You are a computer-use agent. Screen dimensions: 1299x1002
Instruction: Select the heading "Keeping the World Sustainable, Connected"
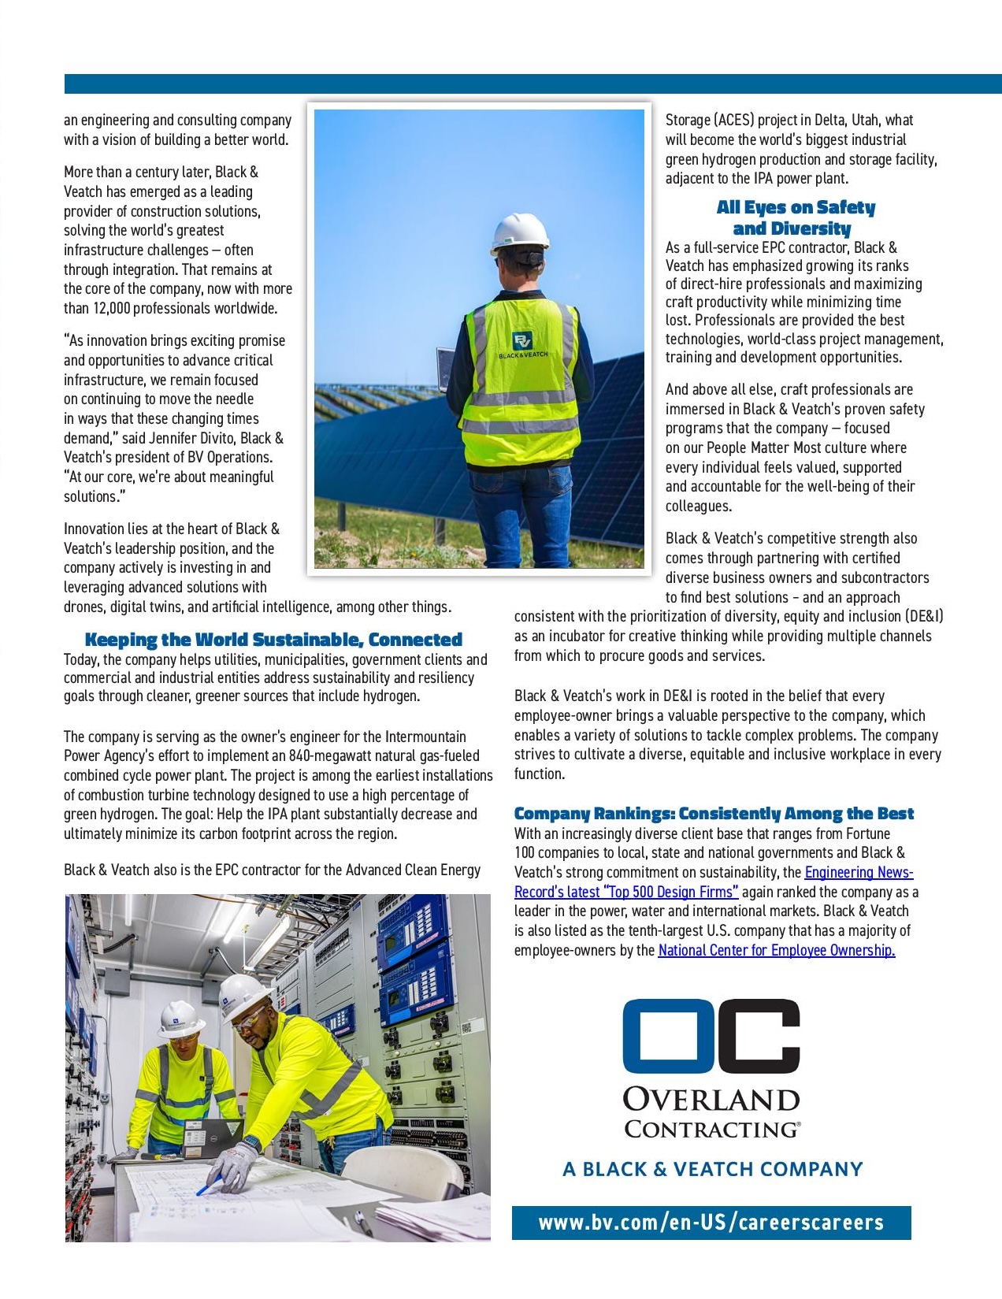[273, 640]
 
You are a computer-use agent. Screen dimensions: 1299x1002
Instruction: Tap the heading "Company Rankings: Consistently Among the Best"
[714, 814]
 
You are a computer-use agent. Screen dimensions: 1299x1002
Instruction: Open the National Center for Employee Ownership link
[776, 950]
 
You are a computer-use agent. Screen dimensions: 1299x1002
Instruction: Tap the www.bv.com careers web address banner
[711, 1223]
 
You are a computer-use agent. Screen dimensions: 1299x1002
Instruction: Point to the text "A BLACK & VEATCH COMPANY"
[712, 1169]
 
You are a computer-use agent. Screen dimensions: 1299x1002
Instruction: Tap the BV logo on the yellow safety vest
[521, 340]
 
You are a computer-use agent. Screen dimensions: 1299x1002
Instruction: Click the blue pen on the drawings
[208, 1185]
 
